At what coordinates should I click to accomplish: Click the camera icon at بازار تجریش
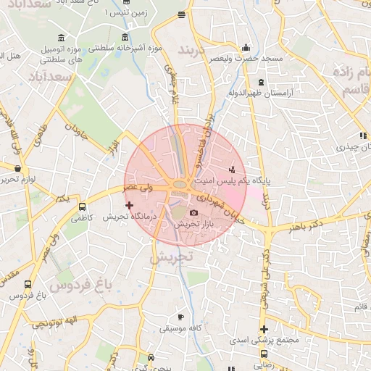tap(193, 212)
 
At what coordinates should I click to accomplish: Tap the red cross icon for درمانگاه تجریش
tap(130, 206)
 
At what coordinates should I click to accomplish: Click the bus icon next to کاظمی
tap(82, 206)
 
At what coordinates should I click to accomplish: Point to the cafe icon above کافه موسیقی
tap(180, 317)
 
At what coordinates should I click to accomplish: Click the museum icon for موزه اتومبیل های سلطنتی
tap(62, 38)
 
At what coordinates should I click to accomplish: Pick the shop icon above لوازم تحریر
tap(17, 168)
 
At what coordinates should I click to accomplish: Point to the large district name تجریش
tap(172, 257)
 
